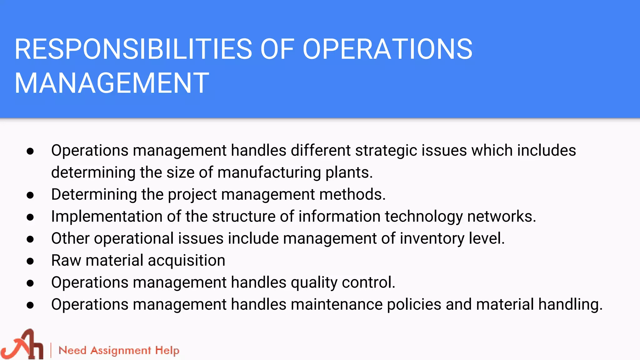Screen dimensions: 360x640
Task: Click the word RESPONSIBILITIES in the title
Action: coord(133,49)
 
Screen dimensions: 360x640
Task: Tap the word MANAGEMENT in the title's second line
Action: coord(112,83)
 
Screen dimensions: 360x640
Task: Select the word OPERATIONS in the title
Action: coord(387,49)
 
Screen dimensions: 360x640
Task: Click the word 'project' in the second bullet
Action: coord(192,195)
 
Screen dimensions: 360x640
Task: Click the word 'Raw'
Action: coord(66,260)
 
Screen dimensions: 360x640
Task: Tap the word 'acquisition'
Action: coord(187,261)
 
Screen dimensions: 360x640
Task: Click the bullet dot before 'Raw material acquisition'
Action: coord(30,261)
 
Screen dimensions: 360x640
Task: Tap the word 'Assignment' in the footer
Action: coord(121,351)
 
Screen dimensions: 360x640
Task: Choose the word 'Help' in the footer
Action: coord(167,351)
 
